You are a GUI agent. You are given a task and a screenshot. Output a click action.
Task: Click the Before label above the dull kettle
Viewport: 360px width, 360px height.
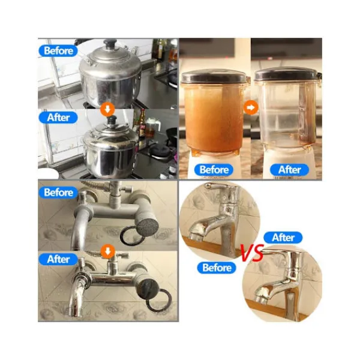(58, 50)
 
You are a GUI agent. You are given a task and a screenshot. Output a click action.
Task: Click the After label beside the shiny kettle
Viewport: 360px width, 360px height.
(58, 118)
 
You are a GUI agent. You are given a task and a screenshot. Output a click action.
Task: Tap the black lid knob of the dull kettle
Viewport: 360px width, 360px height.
(110, 43)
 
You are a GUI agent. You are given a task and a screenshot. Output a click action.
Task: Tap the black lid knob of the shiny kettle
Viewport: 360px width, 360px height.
(112, 119)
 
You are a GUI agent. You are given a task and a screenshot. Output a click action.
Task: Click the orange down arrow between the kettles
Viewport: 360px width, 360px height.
(107, 109)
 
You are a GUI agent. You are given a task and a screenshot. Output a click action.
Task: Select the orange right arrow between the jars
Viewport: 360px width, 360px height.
(251, 107)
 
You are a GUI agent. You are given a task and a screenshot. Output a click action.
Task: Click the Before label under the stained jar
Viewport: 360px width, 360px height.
(214, 170)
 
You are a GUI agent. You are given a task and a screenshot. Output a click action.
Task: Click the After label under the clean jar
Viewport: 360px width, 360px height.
(289, 170)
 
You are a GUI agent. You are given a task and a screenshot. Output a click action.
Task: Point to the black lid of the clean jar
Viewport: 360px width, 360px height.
(287, 74)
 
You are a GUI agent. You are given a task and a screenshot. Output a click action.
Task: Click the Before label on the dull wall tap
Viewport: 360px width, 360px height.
(58, 193)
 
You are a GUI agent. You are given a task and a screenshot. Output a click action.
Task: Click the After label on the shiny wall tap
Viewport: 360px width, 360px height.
(58, 259)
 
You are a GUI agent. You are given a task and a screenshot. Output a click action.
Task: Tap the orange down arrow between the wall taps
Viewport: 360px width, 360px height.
(107, 251)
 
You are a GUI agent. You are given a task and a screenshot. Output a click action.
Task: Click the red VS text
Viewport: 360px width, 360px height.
(252, 253)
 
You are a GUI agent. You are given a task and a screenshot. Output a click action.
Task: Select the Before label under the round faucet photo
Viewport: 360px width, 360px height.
(217, 268)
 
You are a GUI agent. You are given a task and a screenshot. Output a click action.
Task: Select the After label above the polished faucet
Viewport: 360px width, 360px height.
(283, 238)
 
